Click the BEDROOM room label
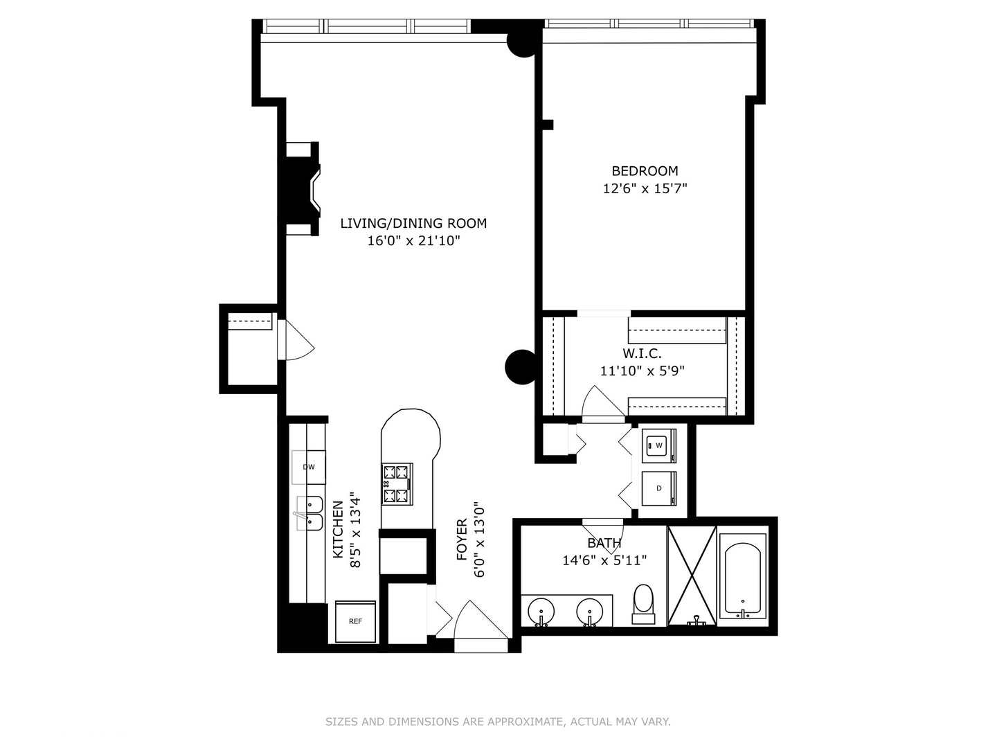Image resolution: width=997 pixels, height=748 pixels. point(645,171)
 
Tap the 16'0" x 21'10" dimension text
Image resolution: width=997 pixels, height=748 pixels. point(413,241)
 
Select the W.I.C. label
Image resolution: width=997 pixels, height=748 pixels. point(642,353)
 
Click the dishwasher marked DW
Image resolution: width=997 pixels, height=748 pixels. point(308,467)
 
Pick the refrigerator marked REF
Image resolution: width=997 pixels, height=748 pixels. point(355,621)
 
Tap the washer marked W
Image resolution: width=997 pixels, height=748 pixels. point(658,445)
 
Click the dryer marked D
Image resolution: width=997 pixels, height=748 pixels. point(658,488)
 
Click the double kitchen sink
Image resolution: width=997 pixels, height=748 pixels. point(310,513)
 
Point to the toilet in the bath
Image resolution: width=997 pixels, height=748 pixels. point(643,602)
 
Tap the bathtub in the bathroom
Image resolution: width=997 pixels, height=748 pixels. point(742,580)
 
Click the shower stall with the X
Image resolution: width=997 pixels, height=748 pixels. point(692,575)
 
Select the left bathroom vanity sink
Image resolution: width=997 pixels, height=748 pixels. point(541,611)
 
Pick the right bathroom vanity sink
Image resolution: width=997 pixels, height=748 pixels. point(590,611)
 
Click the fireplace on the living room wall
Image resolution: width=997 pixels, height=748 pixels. point(305,189)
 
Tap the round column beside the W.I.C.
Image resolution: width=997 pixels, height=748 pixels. point(521,366)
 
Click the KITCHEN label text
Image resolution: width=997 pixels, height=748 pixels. point(338,529)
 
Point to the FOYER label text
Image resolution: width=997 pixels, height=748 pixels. point(462,539)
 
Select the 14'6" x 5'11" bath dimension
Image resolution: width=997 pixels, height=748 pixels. point(604,560)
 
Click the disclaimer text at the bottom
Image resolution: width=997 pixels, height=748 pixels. point(498,722)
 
